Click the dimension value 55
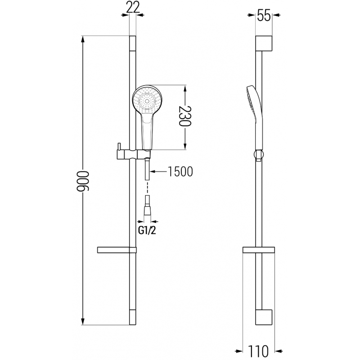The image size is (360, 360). pos(264,16)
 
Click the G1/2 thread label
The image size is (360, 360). pos(147,230)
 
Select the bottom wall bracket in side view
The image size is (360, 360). pos(264,317)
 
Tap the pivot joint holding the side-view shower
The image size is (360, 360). pos(258,155)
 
